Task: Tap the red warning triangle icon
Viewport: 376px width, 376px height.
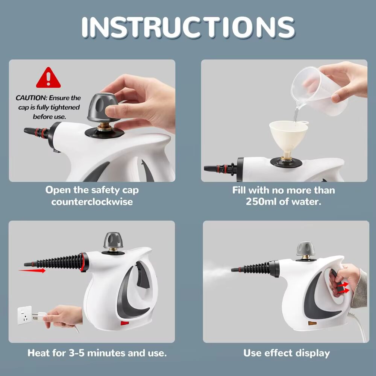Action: point(48,78)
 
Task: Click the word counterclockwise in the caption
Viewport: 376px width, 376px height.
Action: point(92,202)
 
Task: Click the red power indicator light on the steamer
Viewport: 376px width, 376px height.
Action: point(124,323)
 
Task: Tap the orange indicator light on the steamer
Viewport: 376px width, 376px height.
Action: point(312,323)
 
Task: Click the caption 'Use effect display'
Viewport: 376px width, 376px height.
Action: point(286,353)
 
